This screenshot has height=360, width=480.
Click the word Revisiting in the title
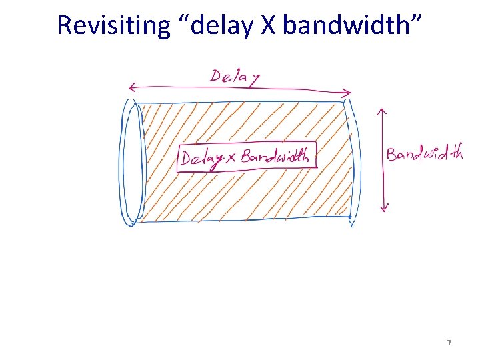tap(114, 25)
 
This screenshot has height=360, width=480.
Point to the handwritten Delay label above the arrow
tap(235, 76)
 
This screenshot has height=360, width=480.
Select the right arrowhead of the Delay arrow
tap(349, 93)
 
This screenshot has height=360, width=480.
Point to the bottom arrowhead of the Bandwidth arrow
tap(383, 208)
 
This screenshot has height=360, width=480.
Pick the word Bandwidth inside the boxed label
tap(275, 157)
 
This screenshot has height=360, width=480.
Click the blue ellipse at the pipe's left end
tap(133, 163)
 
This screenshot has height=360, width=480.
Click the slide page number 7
tap(449, 343)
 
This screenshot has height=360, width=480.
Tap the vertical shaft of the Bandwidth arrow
tap(382, 160)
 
